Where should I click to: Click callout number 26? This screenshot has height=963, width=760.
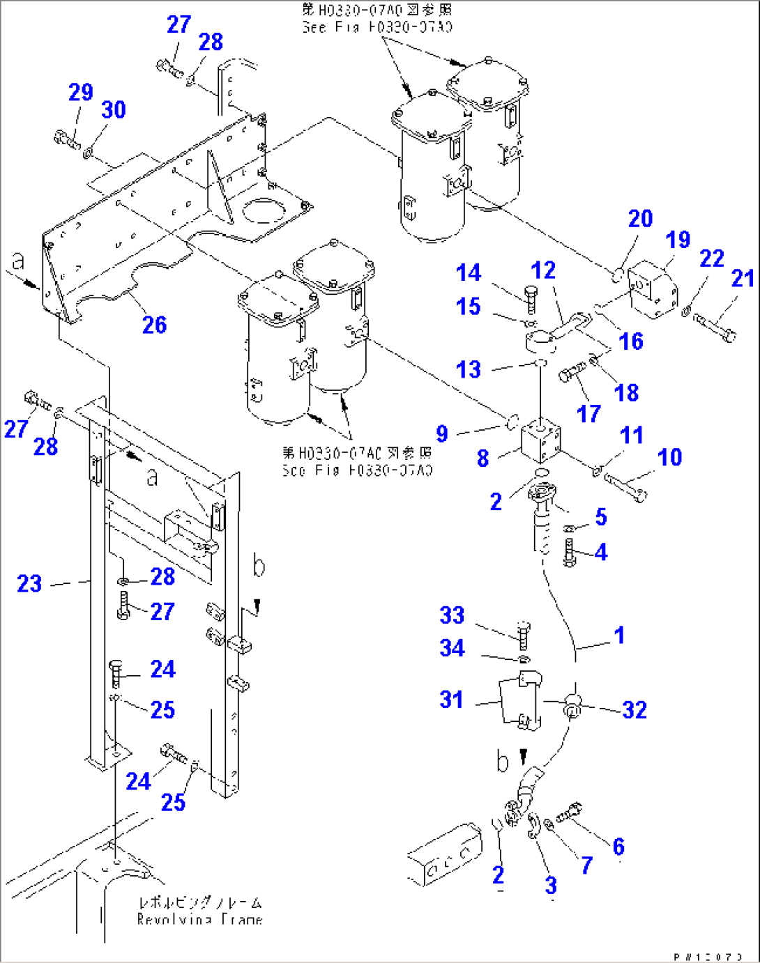(154, 325)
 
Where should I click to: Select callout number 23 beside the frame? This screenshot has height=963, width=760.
(29, 583)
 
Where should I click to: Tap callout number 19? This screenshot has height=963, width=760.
(677, 240)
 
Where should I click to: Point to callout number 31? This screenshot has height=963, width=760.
(451, 699)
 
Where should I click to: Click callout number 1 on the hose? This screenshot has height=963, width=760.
(618, 635)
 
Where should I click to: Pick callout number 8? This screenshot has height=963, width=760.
(482, 458)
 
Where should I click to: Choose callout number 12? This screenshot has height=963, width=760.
(543, 270)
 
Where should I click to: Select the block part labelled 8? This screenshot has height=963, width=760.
(541, 442)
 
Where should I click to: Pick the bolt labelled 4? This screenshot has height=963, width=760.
(569, 553)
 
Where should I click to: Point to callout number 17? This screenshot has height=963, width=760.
(588, 413)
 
